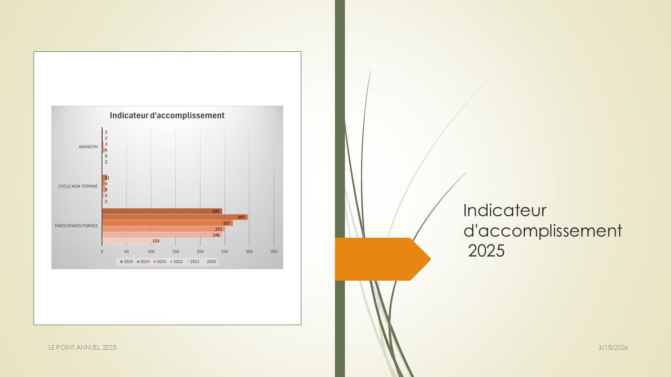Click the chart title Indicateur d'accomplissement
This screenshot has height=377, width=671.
tap(167, 116)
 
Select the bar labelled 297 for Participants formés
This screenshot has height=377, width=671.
tap(175, 217)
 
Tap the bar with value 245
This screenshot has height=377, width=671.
tap(162, 211)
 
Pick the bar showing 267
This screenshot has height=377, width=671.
tap(167, 223)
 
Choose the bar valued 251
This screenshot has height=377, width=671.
tap(164, 229)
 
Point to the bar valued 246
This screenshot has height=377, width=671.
tap(163, 235)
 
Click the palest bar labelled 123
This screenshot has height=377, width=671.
tap(132, 241)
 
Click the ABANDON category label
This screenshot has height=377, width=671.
tap(88, 147)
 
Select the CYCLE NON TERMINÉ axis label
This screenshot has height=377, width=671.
tap(78, 186)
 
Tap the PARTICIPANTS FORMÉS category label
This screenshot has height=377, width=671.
tap(76, 226)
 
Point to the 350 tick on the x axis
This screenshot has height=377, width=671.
tap(274, 252)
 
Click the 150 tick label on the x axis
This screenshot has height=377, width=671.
tap(176, 252)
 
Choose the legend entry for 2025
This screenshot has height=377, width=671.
tap(126, 261)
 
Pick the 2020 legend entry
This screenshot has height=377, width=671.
tap(209, 261)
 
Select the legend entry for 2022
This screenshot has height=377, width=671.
tap(176, 261)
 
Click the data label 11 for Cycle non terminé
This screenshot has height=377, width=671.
tap(107, 178)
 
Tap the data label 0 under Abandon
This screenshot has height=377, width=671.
tap(106, 156)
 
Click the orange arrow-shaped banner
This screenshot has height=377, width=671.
tap(383, 259)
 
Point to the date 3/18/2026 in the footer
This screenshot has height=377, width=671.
tap(613, 348)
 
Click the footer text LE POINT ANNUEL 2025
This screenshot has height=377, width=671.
tap(82, 348)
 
